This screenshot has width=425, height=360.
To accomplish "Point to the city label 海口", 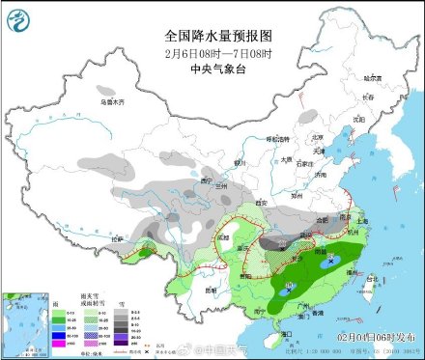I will (x=285, y=333).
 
